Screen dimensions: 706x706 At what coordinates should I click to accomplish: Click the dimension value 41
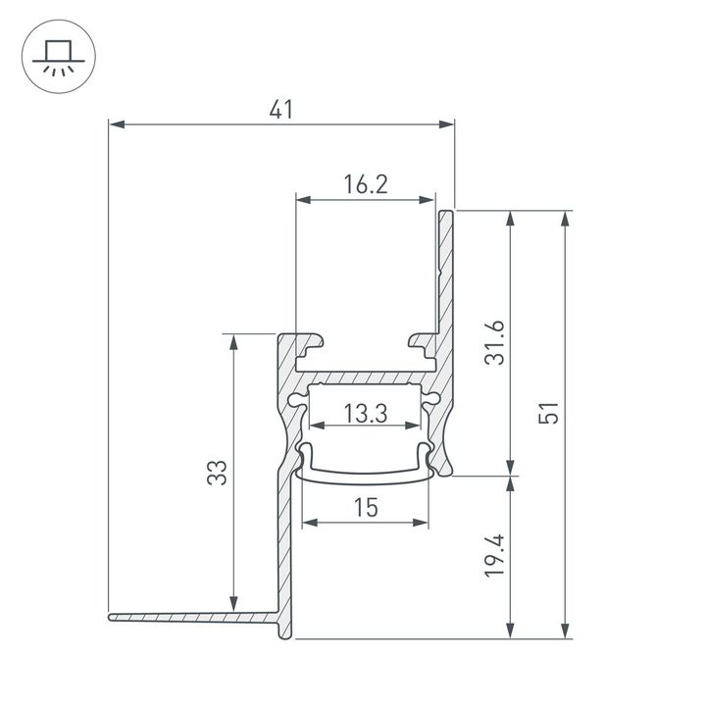(x=281, y=111)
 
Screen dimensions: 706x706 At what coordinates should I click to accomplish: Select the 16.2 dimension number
(x=366, y=184)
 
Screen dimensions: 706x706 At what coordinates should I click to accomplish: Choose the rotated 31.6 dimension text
(x=496, y=342)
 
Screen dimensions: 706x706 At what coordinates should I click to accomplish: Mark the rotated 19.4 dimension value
(x=496, y=556)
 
